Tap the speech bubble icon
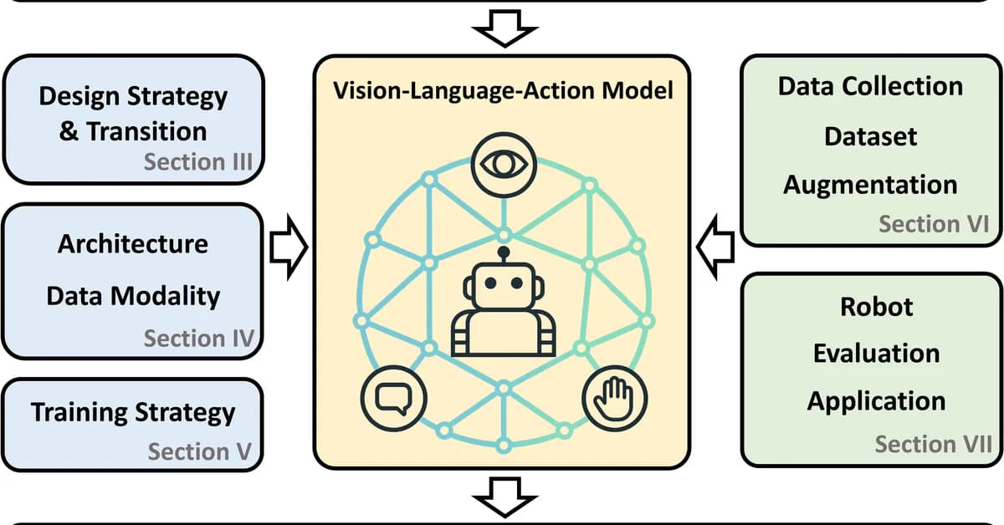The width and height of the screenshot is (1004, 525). [x=394, y=396]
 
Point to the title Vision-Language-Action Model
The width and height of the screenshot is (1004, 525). [x=503, y=90]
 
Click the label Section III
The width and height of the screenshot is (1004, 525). [x=198, y=161]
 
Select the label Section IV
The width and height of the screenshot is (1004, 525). [x=198, y=339]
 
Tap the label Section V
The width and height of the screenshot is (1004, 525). [x=200, y=452]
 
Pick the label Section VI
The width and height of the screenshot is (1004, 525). [x=934, y=224]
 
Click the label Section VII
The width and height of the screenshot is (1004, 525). [x=933, y=444]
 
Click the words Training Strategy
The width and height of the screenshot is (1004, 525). [x=133, y=412]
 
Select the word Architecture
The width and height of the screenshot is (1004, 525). [x=132, y=245]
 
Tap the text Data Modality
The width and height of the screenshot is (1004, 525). [x=132, y=296]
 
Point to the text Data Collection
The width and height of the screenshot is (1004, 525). [x=870, y=86]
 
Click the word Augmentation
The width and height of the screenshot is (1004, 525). [x=870, y=184]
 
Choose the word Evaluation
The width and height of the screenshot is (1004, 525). [x=876, y=353]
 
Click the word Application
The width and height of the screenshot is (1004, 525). [x=876, y=401]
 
